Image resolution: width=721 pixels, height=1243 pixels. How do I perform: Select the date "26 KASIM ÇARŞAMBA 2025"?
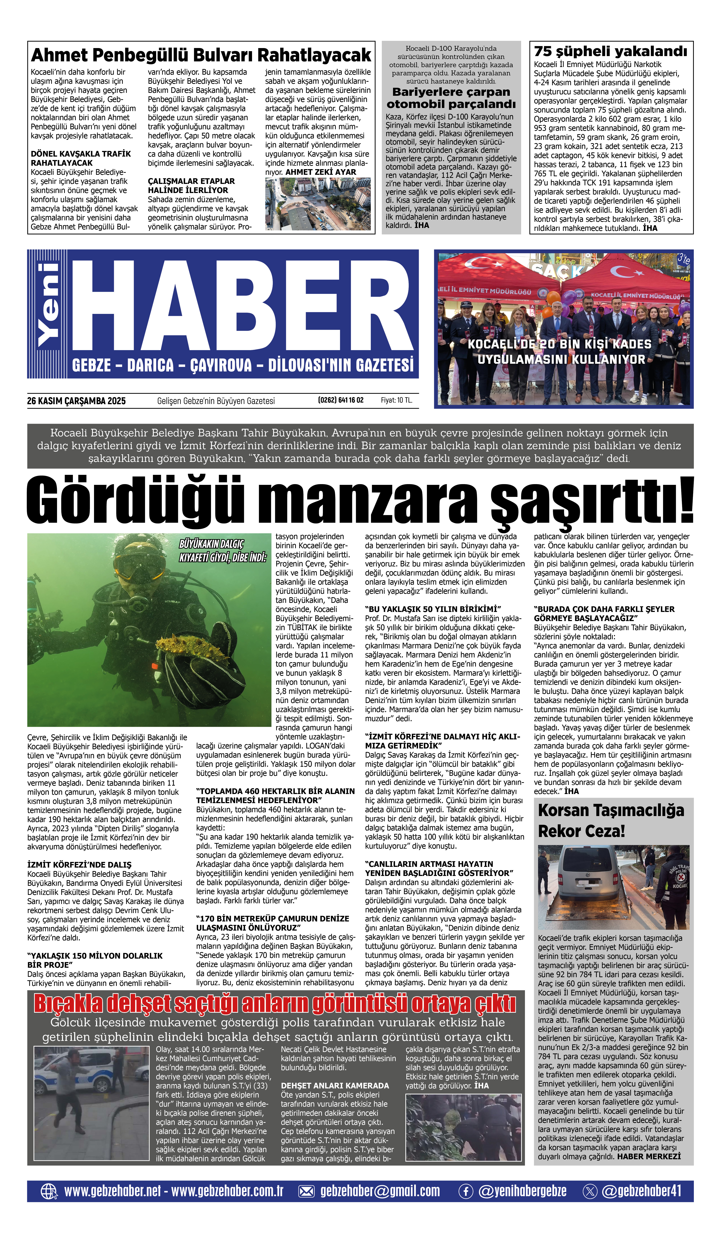tap(77, 401)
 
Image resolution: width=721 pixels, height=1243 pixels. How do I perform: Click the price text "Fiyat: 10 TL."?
tap(396, 400)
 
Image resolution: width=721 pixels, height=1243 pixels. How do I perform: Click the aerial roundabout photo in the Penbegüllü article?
tap(318, 204)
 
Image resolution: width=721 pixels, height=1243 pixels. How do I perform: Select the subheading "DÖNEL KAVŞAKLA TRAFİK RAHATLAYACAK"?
tap(80, 158)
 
